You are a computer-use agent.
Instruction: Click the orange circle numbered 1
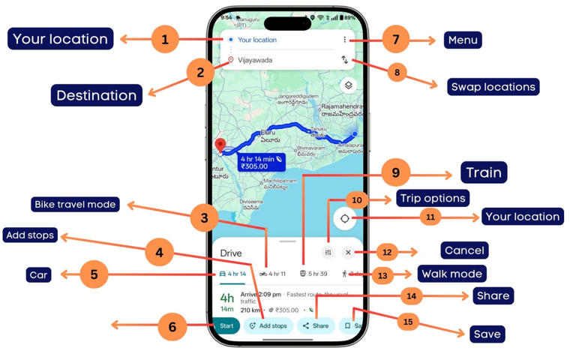(x=165, y=39)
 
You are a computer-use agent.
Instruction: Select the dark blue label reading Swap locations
(x=493, y=87)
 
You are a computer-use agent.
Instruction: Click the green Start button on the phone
(x=226, y=325)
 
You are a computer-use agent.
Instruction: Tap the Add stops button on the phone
(x=268, y=326)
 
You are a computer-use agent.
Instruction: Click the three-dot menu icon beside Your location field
(x=345, y=40)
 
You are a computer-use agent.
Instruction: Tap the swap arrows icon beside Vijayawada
(x=345, y=60)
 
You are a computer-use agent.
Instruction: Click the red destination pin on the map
(x=220, y=145)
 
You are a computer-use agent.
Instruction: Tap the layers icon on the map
(x=348, y=85)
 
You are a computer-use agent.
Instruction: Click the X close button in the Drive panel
(x=348, y=253)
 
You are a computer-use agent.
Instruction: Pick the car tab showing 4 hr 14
(x=232, y=274)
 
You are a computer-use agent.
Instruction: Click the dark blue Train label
(x=484, y=172)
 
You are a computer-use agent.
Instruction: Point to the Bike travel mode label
(x=75, y=204)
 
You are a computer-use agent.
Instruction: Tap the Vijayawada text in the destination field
(x=256, y=60)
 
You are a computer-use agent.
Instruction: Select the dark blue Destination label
(x=96, y=95)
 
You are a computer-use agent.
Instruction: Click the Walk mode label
(x=451, y=273)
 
